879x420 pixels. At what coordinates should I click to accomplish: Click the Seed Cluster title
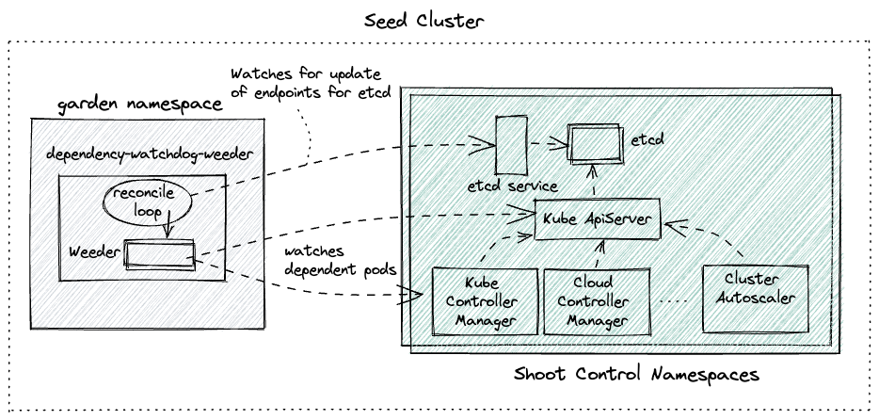(x=439, y=18)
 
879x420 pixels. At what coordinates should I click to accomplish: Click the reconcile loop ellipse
(x=143, y=202)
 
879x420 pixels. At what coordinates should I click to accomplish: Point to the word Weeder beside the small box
(x=94, y=254)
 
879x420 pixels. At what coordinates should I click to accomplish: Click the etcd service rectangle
(x=511, y=143)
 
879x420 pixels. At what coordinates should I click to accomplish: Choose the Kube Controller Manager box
(x=480, y=300)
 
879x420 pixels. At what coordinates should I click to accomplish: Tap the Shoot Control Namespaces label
(x=636, y=374)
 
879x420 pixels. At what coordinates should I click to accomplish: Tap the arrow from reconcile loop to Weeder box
(x=168, y=228)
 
